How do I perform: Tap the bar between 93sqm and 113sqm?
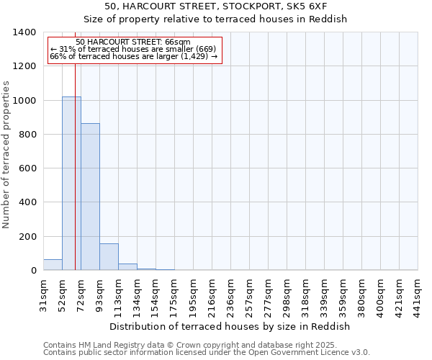[109, 257]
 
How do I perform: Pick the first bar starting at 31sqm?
[53, 264]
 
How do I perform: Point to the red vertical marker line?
[75, 166]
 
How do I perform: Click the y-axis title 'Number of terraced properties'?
[7, 154]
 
